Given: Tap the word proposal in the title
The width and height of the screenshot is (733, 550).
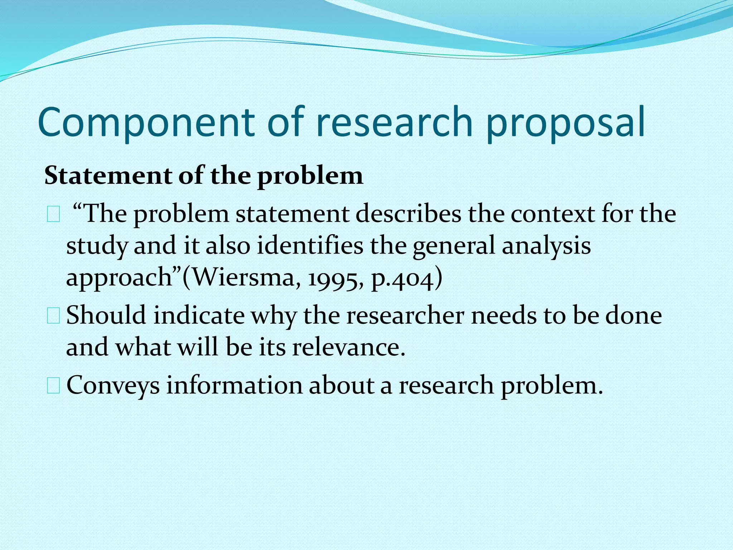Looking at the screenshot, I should tap(565, 122).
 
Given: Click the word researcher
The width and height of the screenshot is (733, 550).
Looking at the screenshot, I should tap(405, 315).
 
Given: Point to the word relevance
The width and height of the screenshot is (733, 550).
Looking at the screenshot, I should tap(349, 347).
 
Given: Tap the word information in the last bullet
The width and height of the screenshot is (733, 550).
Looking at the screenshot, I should tap(234, 385).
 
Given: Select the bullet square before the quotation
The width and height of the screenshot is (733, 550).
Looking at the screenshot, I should tap(53, 216).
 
